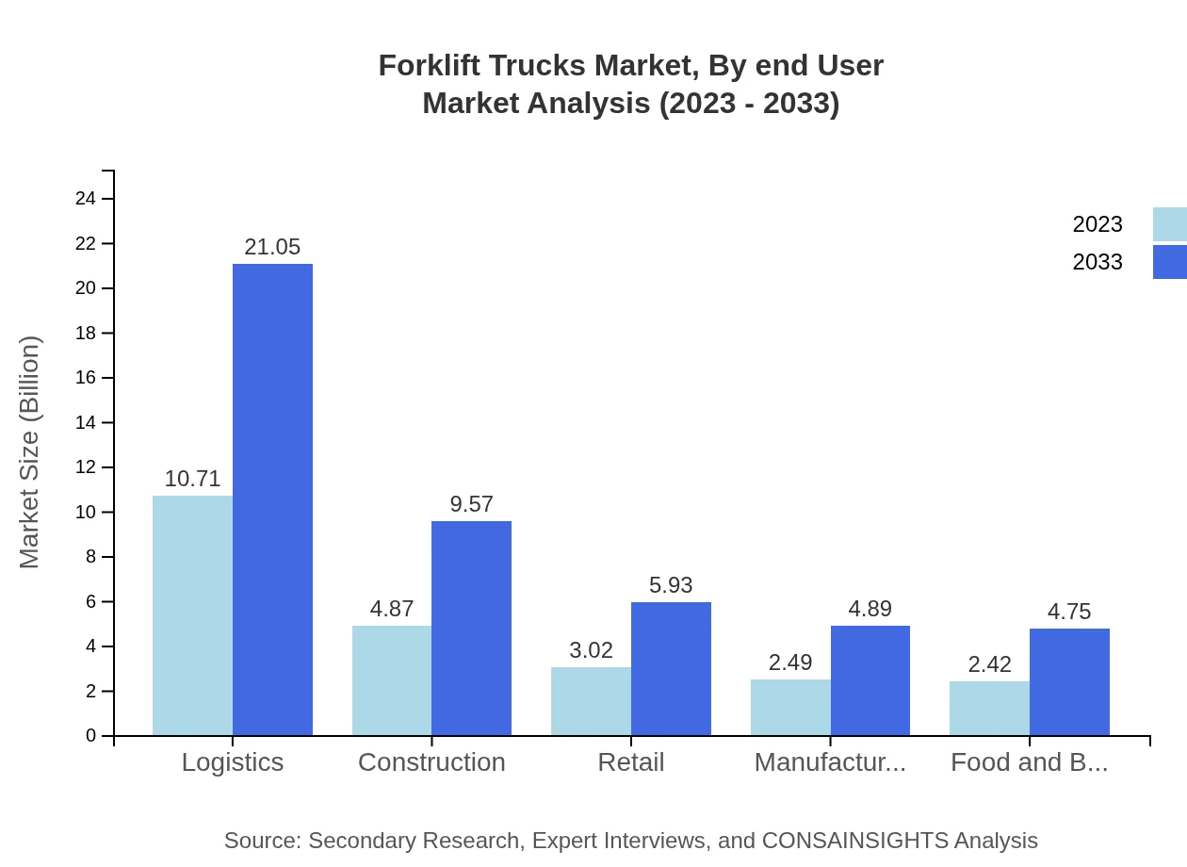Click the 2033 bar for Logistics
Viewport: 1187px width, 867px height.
tap(272, 499)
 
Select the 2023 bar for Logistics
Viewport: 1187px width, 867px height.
tap(192, 615)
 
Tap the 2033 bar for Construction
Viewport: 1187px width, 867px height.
tap(471, 628)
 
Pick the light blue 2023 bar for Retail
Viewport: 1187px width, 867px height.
tap(591, 701)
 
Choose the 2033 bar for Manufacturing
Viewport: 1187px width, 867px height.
tap(870, 680)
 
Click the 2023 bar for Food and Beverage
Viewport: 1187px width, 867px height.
tap(989, 708)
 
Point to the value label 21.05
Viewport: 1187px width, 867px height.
tap(272, 247)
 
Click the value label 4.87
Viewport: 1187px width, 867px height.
tap(392, 609)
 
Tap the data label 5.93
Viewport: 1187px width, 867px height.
tap(671, 585)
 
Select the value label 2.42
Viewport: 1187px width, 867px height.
tap(989, 664)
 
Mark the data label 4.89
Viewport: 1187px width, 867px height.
tap(870, 609)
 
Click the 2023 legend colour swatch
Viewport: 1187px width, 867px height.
tap(1169, 224)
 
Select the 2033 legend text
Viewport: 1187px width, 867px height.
tap(1098, 262)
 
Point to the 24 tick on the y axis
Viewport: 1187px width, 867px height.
tap(86, 198)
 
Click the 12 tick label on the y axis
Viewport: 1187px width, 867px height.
tap(86, 467)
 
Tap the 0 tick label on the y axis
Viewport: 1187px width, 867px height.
tap(91, 735)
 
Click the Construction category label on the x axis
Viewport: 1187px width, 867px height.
tap(431, 761)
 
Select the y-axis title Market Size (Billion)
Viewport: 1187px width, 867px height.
tap(29, 452)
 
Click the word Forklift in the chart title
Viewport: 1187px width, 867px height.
tap(426, 66)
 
